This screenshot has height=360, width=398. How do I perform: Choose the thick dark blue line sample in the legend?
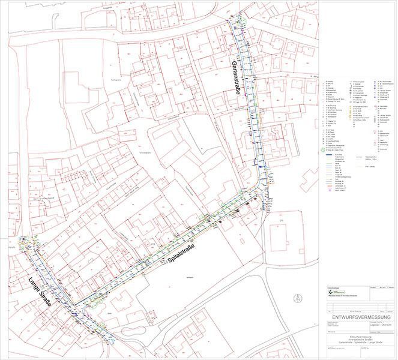pyautogui.click(x=330, y=155)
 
